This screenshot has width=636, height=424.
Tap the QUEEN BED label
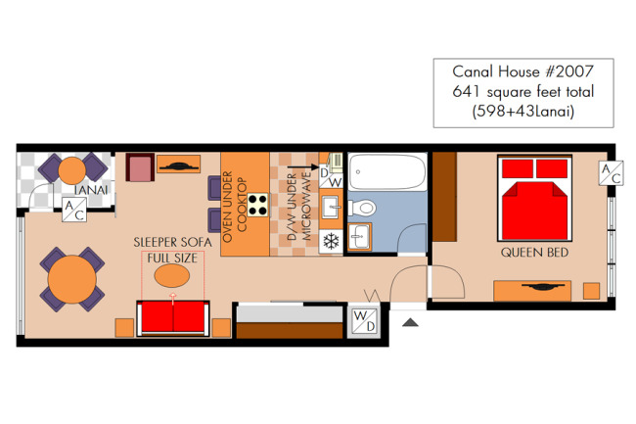click(x=534, y=253)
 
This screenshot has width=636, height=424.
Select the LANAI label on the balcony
click(x=91, y=190)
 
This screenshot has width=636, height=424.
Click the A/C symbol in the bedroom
click(x=611, y=173)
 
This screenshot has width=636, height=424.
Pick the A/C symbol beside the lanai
click(x=74, y=210)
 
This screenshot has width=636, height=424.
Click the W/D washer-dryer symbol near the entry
click(x=365, y=320)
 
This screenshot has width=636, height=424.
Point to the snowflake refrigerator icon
click(x=331, y=242)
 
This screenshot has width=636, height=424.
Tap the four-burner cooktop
click(x=258, y=205)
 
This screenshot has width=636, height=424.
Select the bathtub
click(x=387, y=171)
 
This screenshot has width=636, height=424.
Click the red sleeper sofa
click(x=173, y=318)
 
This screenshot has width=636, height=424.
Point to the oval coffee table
click(x=172, y=275)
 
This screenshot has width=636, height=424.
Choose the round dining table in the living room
click(x=71, y=279)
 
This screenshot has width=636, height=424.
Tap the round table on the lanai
click(x=72, y=170)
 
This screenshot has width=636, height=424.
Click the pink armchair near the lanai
click(x=140, y=167)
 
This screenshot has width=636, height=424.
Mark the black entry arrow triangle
click(x=410, y=322)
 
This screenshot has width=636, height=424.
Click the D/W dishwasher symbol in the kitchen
click(x=331, y=176)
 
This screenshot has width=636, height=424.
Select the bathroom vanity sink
click(x=359, y=237)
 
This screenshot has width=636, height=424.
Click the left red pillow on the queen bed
click(x=518, y=168)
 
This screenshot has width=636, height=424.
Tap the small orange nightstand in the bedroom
click(x=591, y=291)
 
